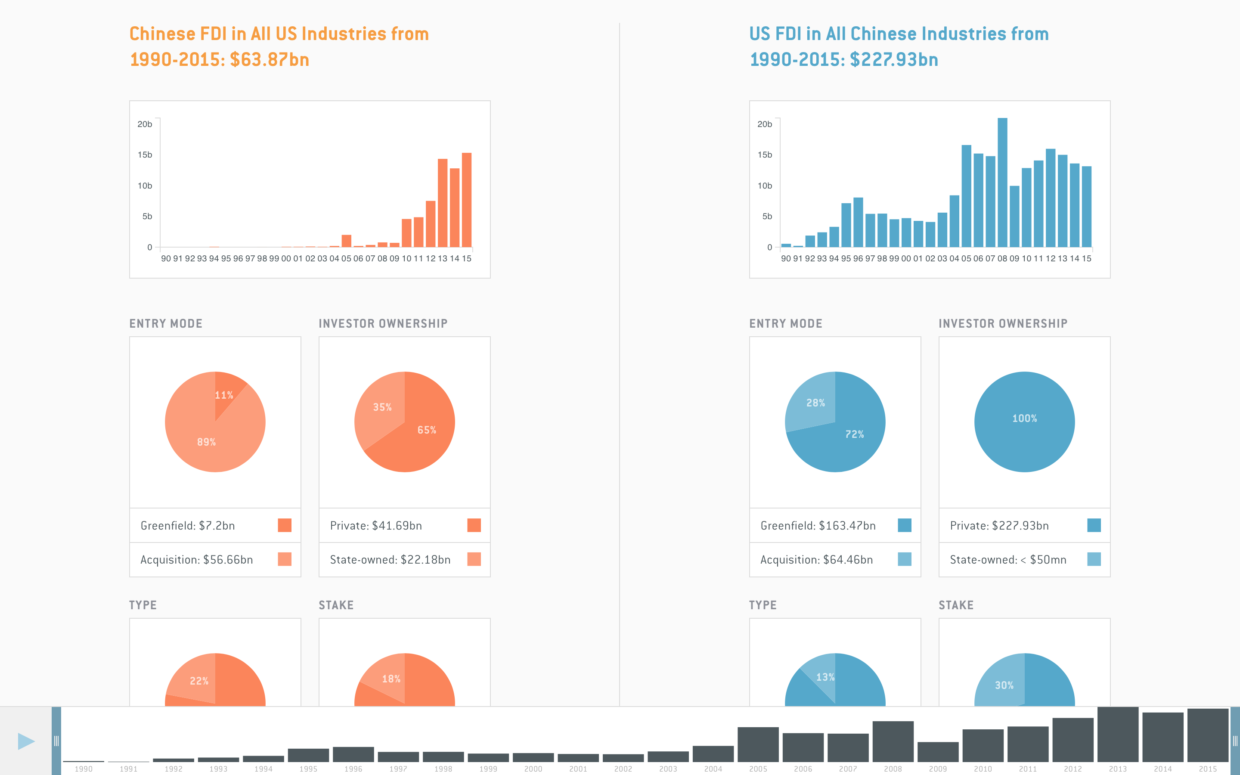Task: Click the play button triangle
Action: [26, 741]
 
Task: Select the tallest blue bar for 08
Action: [1002, 183]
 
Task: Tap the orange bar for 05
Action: [346, 241]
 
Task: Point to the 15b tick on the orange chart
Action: [145, 155]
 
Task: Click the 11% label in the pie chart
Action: [224, 395]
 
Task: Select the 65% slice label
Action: [426, 430]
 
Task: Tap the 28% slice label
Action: [815, 403]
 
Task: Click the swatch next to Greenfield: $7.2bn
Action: [284, 525]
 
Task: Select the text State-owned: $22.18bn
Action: [390, 560]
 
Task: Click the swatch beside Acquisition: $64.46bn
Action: [904, 559]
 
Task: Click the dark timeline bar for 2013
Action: [1118, 735]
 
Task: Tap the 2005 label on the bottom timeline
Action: [758, 769]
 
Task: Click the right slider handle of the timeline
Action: [1234, 741]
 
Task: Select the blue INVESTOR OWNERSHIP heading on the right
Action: [1003, 323]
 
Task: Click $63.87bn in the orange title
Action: [270, 60]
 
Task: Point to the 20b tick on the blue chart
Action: [765, 124]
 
